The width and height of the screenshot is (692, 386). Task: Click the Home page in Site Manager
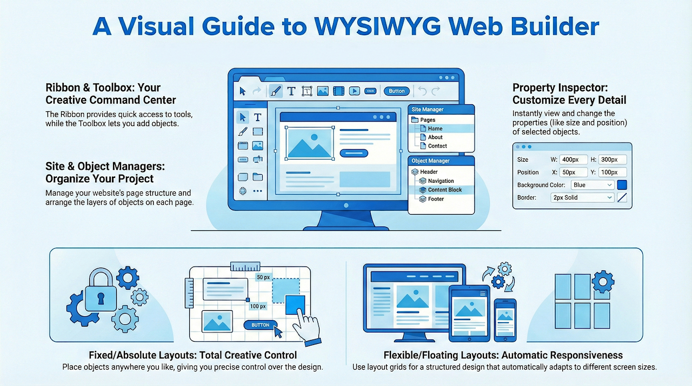tap(435, 129)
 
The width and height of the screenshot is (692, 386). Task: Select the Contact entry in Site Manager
tap(437, 146)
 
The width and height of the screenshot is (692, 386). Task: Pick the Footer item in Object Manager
tap(435, 199)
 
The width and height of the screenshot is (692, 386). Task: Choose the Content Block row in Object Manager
tap(444, 190)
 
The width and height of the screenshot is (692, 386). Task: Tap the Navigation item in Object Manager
tap(441, 181)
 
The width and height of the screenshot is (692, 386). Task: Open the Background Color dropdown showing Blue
tap(593, 185)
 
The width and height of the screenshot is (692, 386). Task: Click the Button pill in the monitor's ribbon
tap(397, 91)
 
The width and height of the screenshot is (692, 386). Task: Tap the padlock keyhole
tap(101, 297)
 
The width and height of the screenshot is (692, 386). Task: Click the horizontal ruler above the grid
tap(245, 267)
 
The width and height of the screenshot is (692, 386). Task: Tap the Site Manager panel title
tap(428, 110)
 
